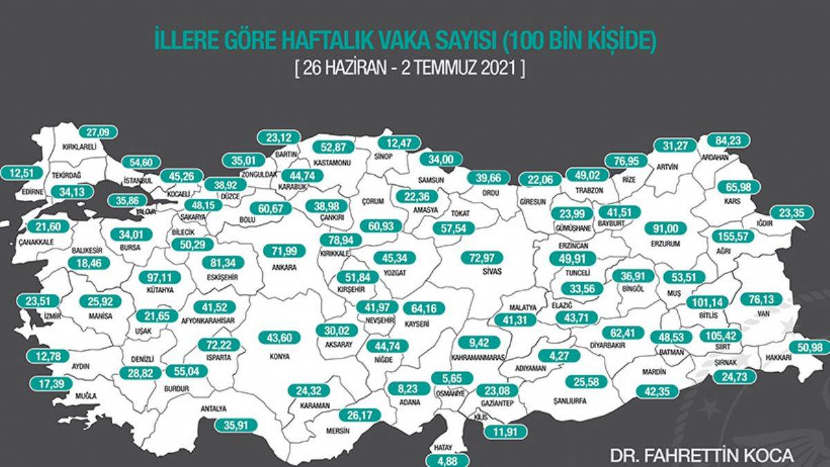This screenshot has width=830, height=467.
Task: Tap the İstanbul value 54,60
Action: [140, 162]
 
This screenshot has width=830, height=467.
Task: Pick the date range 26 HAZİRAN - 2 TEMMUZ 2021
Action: [409, 70]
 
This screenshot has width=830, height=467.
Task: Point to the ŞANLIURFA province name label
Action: [556, 401]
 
